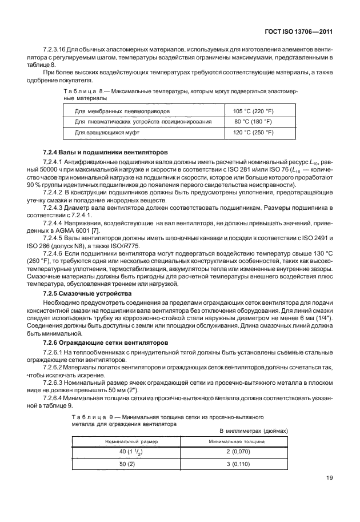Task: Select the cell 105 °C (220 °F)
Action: [x=253, y=111]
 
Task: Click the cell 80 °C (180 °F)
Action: [x=253, y=122]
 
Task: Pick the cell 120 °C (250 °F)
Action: [x=253, y=133]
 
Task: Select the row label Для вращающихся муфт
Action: [x=107, y=133]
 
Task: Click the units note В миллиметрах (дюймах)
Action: [x=254, y=431]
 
